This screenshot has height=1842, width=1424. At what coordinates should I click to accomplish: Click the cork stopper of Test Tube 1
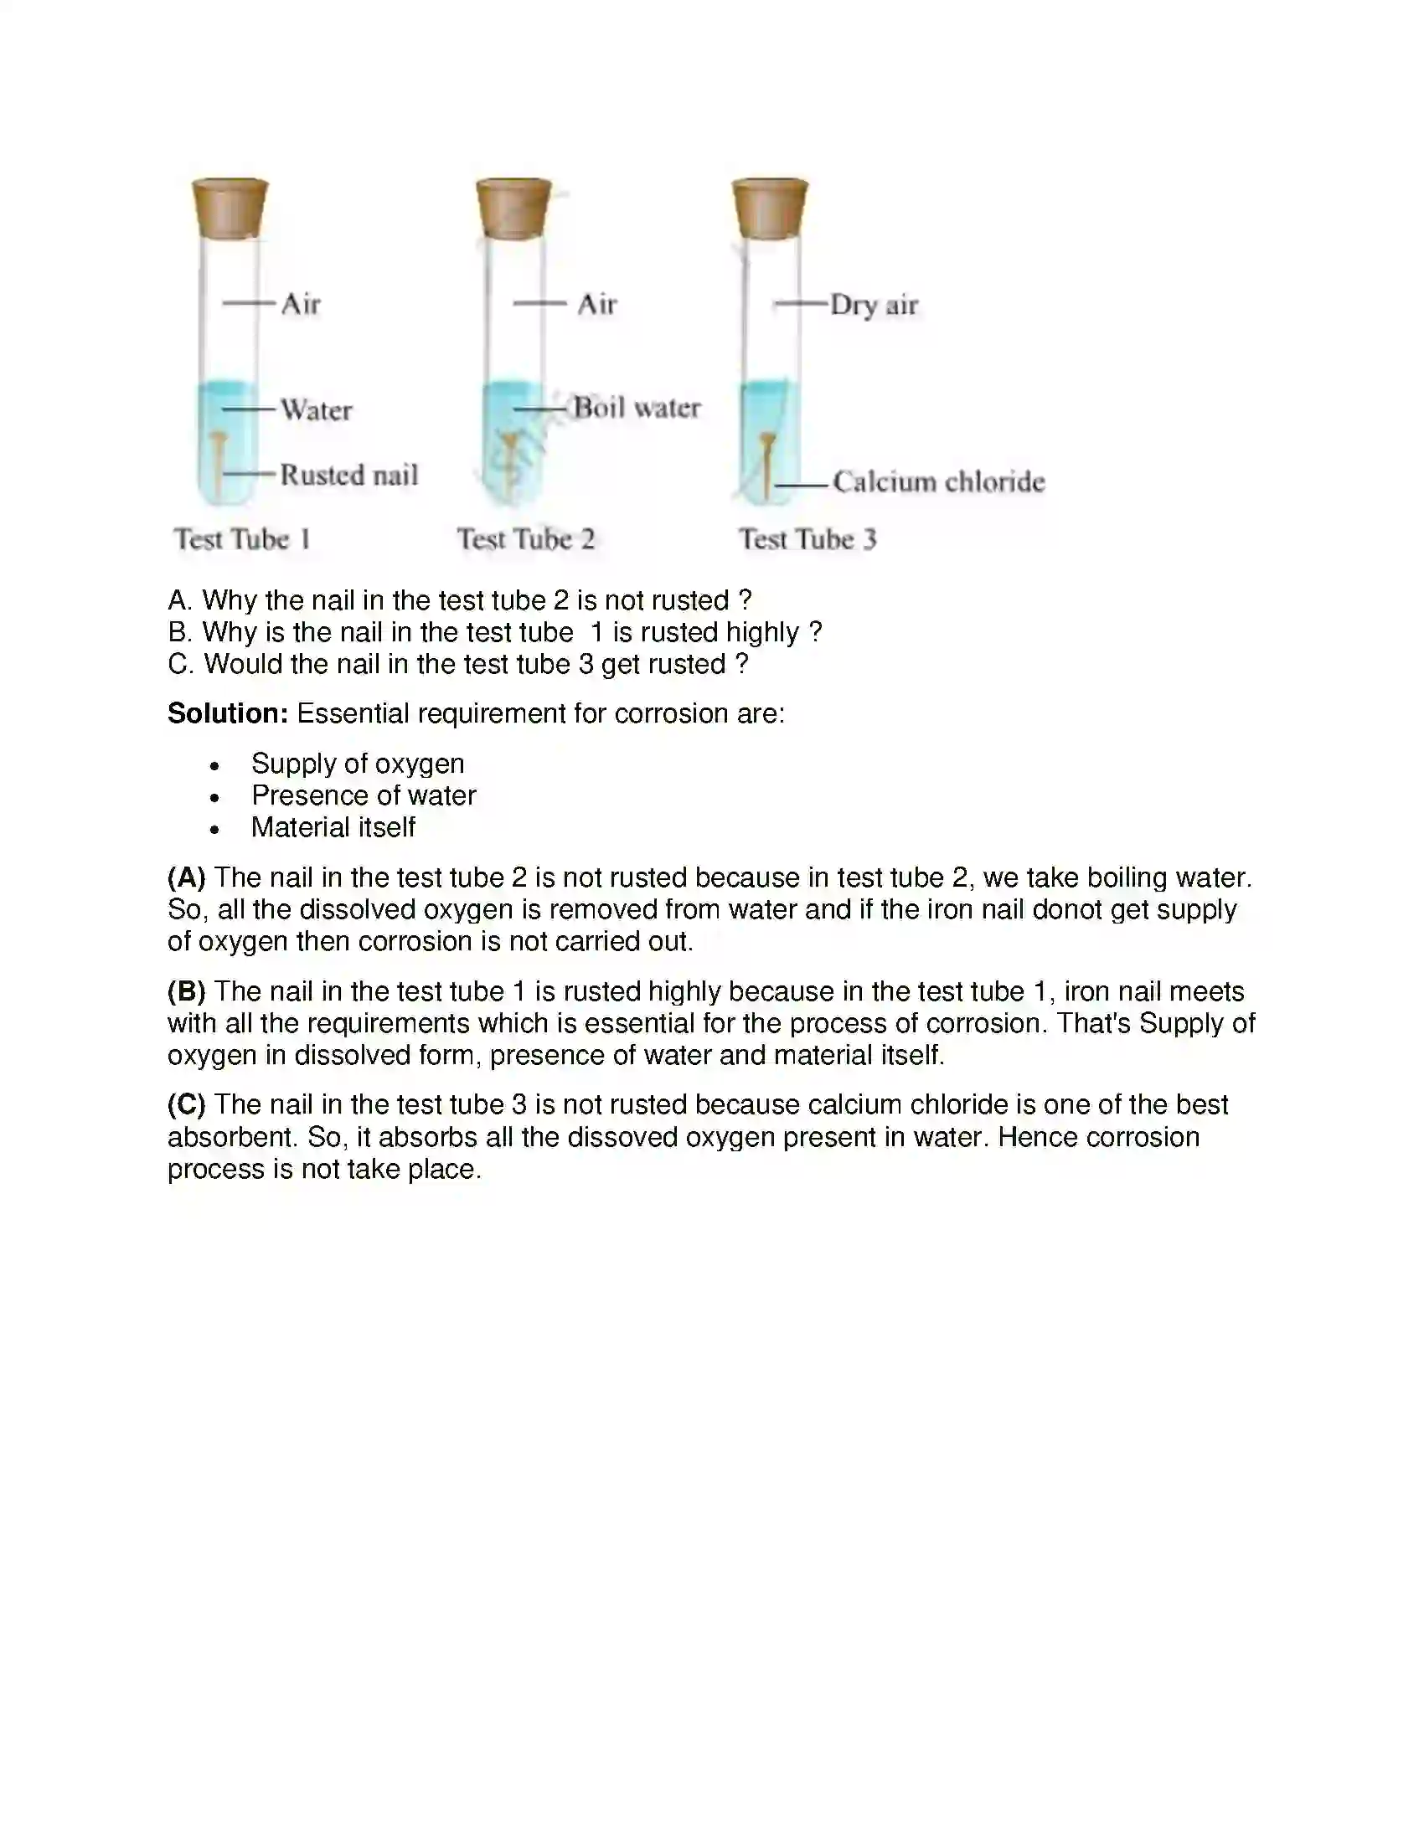(230, 208)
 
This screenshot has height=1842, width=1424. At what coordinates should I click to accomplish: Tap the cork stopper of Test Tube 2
(513, 208)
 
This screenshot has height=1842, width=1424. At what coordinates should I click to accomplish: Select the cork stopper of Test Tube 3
(769, 208)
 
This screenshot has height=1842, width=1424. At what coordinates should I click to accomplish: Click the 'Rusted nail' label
(348, 475)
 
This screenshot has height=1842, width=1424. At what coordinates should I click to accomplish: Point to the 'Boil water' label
(637, 409)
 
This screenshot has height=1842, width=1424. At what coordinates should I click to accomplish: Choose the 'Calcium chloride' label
(938, 481)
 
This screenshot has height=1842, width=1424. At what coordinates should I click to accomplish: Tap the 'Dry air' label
(873, 305)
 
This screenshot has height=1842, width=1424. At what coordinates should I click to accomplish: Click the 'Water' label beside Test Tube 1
(317, 410)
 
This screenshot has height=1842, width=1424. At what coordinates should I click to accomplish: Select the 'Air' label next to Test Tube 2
(597, 304)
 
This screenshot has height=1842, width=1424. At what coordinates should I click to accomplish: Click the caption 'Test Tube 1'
(242, 539)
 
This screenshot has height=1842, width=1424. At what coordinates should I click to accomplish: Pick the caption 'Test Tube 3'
(807, 539)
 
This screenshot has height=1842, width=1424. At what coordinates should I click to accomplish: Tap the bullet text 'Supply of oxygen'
(358, 764)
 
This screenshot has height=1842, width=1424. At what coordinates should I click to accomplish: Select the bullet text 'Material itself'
(333, 827)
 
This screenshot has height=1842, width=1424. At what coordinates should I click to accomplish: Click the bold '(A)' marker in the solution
(187, 878)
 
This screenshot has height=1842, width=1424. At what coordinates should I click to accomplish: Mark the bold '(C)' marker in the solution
(187, 1105)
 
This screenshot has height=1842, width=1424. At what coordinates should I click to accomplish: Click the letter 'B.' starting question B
(179, 632)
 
